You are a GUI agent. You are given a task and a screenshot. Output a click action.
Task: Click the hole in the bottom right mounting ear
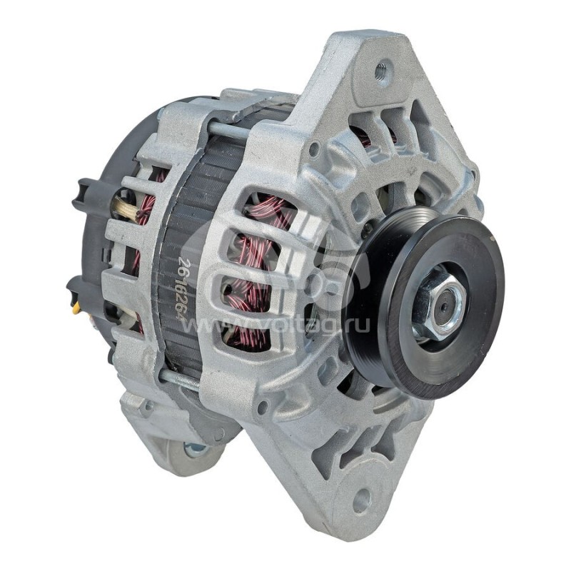[x=362, y=500]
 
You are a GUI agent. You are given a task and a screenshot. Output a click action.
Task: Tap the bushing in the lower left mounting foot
[x=194, y=449]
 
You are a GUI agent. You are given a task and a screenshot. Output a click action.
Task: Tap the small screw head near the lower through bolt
[x=263, y=407]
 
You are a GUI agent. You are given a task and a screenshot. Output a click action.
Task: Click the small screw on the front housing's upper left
[x=313, y=150]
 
